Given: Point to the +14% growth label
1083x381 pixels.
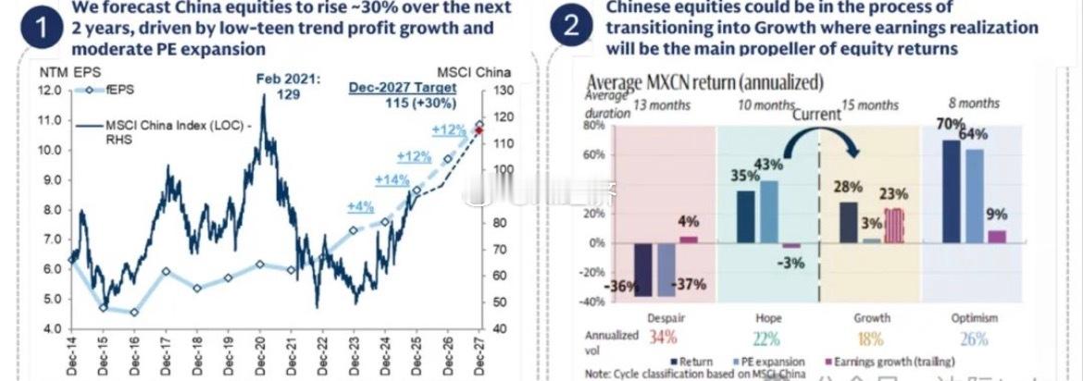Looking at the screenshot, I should [x=392, y=179].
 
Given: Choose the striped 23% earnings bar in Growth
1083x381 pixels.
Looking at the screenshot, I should [x=892, y=225].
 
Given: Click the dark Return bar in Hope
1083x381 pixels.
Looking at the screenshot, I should [x=745, y=215].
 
